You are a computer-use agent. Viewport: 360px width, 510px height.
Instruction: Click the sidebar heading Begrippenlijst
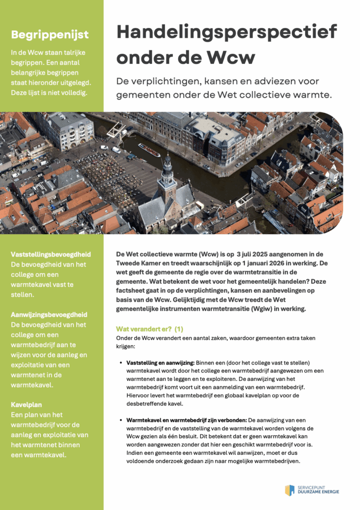tap(50, 34)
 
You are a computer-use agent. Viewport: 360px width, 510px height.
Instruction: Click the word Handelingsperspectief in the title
tap(227, 33)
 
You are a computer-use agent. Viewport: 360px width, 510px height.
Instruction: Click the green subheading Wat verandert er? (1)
tap(149, 329)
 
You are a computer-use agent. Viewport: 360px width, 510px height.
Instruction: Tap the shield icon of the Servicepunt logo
tap(289, 490)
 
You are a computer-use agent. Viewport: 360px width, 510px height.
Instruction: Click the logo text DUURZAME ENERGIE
tap(319, 493)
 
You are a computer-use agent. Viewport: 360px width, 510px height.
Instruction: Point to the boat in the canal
tap(149, 149)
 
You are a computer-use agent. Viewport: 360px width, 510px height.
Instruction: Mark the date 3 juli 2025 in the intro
tap(243, 254)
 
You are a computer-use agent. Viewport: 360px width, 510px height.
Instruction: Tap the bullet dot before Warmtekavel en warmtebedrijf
tap(121, 419)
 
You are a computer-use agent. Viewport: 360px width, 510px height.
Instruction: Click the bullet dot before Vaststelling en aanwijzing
tap(121, 363)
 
